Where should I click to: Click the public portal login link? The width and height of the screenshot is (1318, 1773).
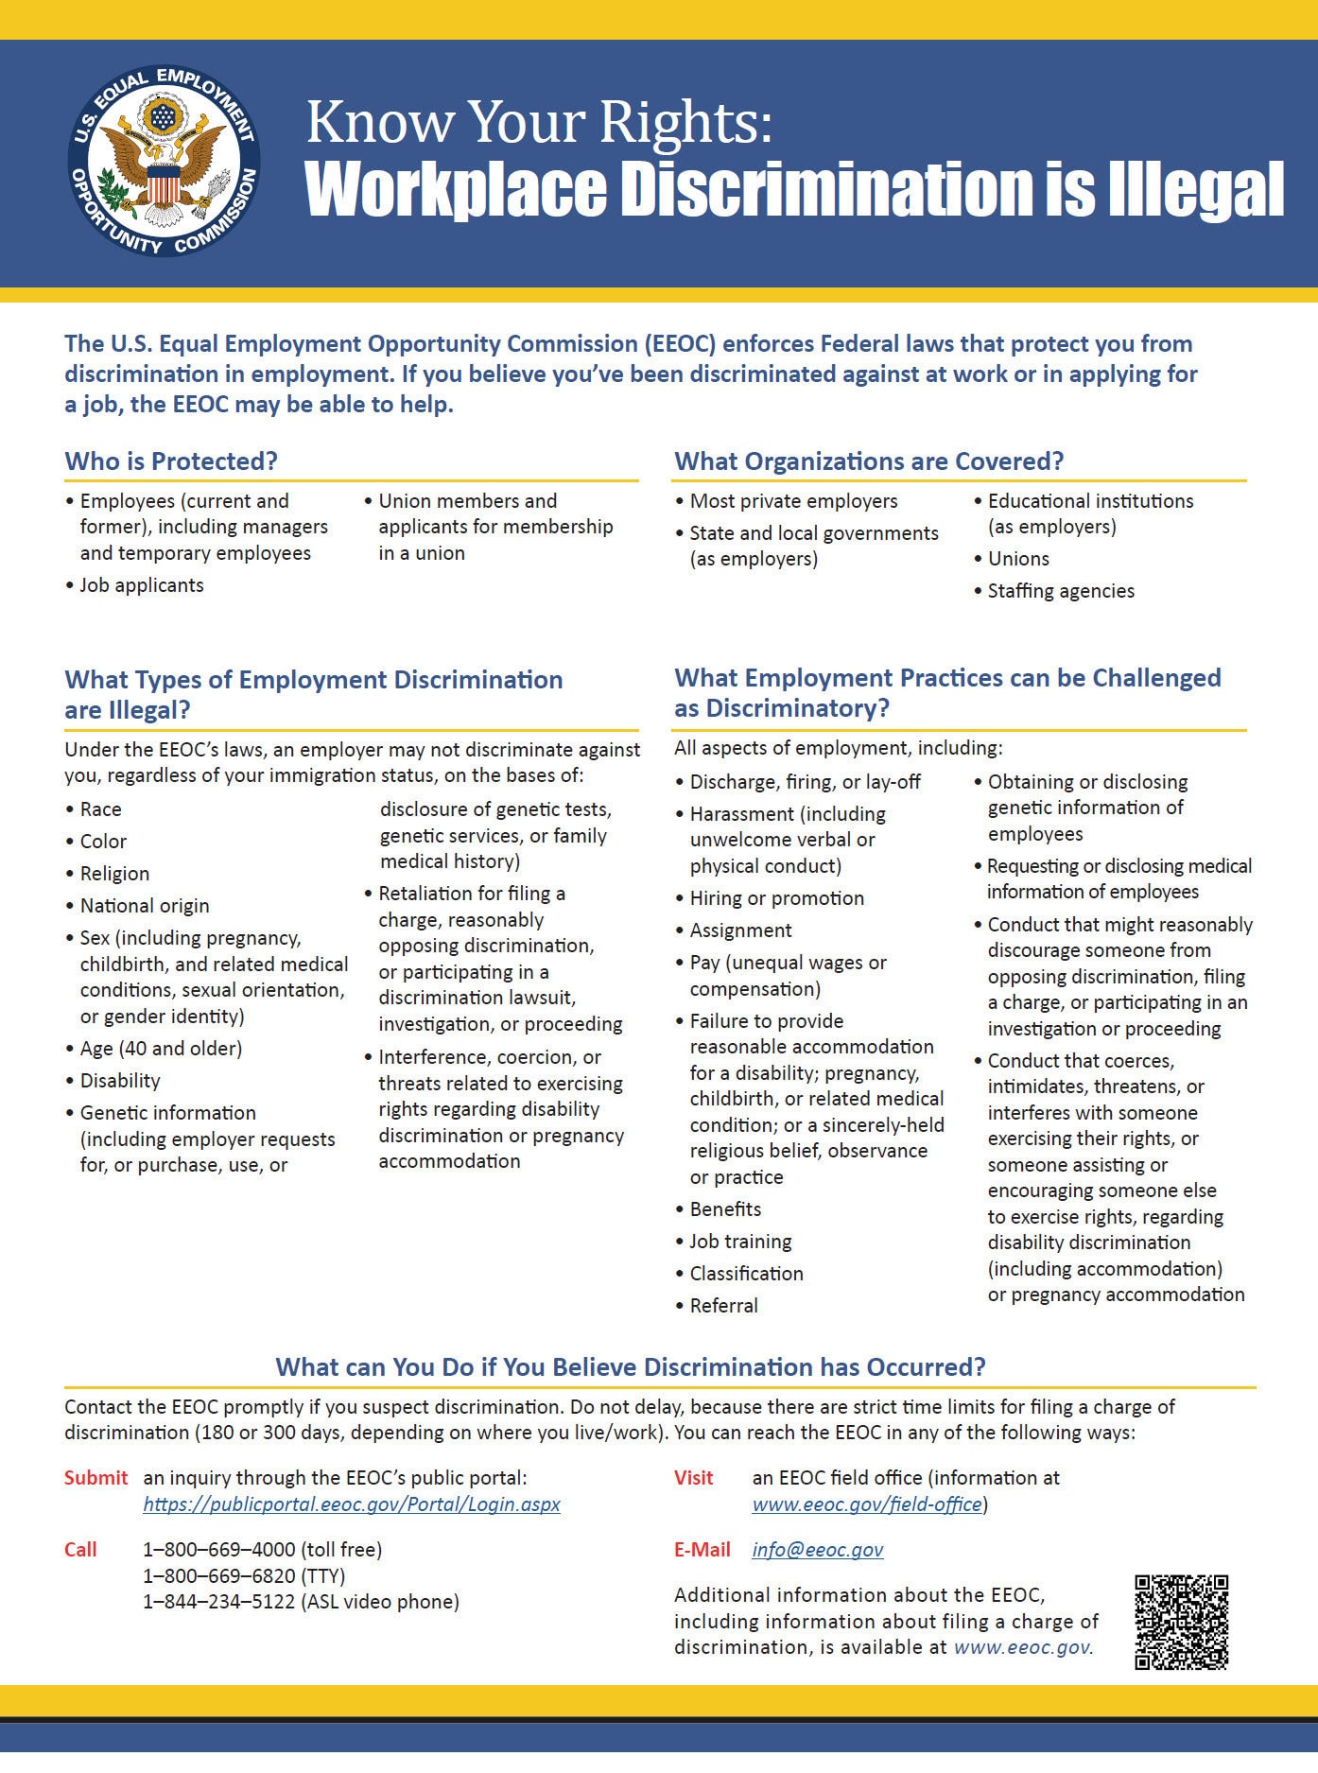click(x=352, y=1504)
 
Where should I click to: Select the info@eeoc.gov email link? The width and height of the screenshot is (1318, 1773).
click(x=818, y=1549)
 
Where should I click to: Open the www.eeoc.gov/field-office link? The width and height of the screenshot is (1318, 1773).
click(x=867, y=1504)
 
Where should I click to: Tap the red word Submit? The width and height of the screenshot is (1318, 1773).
click(x=95, y=1477)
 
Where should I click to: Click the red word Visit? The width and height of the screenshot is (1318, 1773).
click(x=693, y=1477)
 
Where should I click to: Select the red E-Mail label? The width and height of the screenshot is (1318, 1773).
click(x=702, y=1549)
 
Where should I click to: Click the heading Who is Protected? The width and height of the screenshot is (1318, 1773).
click(x=171, y=461)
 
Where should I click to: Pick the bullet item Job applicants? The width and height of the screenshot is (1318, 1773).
click(x=142, y=585)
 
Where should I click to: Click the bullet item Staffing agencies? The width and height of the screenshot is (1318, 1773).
click(x=1061, y=591)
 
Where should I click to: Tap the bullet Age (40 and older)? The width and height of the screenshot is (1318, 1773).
click(x=161, y=1049)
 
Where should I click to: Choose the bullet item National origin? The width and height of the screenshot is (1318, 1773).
click(x=145, y=906)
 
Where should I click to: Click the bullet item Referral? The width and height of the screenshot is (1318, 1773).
click(x=723, y=1306)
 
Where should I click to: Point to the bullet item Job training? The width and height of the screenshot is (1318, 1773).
click(x=740, y=1242)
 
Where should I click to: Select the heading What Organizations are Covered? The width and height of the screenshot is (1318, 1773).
click(x=869, y=461)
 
